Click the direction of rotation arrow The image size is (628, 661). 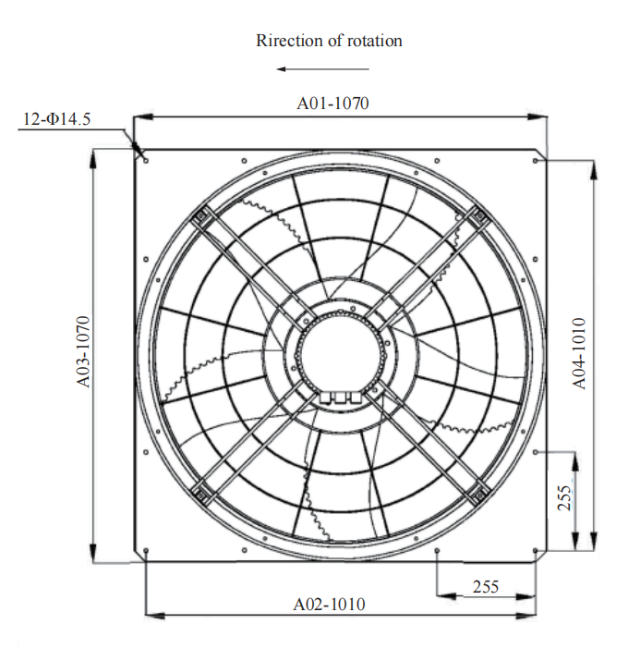322,69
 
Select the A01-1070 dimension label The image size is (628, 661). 332,104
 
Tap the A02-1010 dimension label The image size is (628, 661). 329,604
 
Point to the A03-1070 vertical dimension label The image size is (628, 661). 83,351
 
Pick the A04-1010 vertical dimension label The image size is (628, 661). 579,353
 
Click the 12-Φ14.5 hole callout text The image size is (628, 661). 56,119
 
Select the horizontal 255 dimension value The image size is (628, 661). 486,586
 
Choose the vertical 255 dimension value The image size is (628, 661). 564,498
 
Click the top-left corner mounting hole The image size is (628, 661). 146,161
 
